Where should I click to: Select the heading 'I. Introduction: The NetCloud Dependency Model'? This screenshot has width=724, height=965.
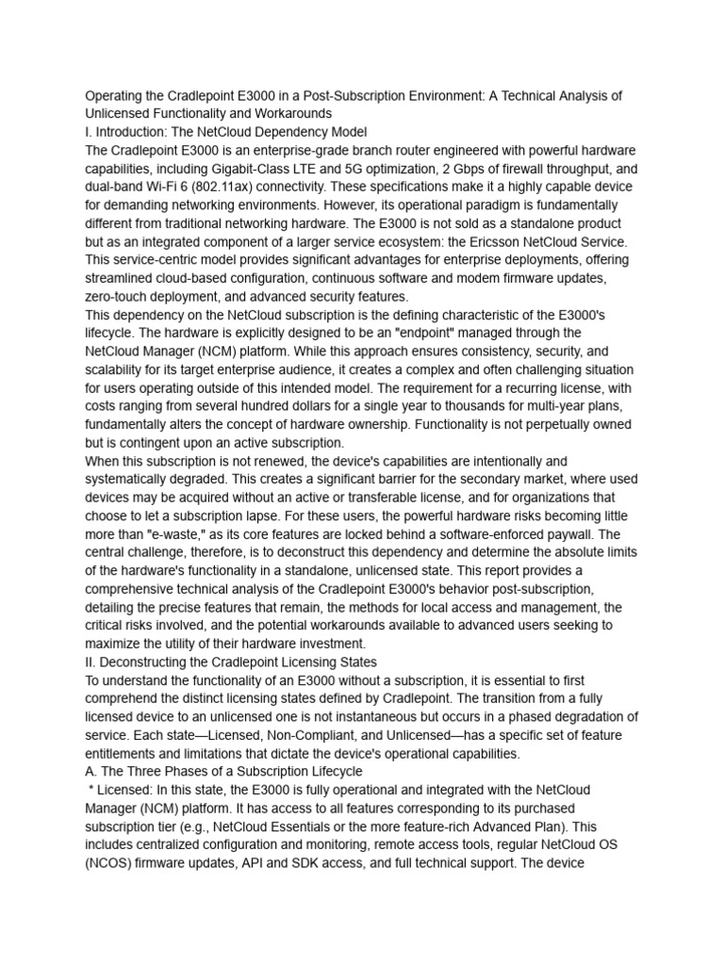pos(226,132)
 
